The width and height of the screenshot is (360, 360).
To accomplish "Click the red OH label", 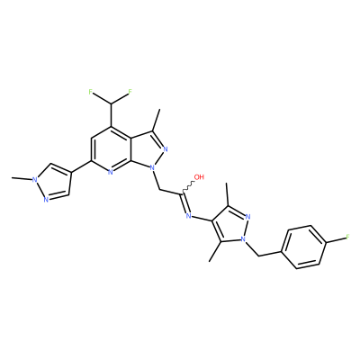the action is tap(199, 177).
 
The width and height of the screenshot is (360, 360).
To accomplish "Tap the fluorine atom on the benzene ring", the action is tap(347, 238).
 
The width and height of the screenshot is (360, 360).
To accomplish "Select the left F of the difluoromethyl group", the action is tap(91, 92).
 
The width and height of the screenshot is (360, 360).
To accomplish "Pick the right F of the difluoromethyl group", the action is tap(130, 92).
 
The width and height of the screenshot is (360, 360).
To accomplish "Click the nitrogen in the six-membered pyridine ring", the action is tap(110, 172).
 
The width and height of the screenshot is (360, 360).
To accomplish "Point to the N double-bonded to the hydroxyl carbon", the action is tap(189, 215).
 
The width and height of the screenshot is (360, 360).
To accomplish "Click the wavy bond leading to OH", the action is tap(187, 187).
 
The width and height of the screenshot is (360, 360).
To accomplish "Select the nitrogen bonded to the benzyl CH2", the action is tap(244, 239).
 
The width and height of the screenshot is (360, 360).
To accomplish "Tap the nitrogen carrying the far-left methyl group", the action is tap(35, 180).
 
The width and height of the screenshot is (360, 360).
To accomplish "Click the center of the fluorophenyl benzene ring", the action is tap(304, 247).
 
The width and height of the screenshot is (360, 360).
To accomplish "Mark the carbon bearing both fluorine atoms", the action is tap(111, 103).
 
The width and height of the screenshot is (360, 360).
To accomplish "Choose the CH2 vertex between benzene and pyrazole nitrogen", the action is tap(258, 256).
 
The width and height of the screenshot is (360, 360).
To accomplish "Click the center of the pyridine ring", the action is tap(111, 149).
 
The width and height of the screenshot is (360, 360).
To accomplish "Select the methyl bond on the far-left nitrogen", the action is tap(22, 179).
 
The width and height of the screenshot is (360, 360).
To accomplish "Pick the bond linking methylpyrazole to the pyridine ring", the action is tap(81, 166).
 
